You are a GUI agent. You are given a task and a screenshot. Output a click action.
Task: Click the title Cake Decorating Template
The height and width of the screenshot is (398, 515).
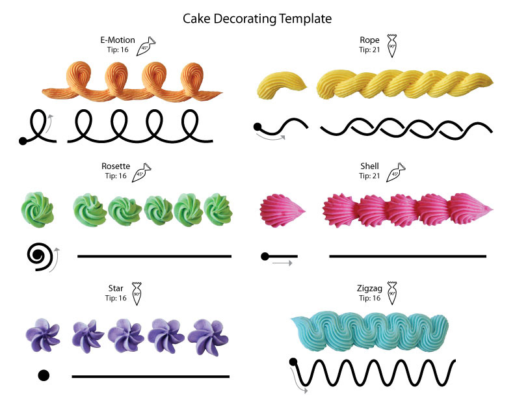[257, 19]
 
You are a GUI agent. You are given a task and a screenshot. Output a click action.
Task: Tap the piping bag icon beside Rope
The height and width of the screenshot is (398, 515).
[391, 45]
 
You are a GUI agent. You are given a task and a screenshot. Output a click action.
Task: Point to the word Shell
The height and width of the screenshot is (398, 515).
[369, 166]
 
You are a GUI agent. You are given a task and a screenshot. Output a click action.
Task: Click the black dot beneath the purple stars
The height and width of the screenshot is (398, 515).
[44, 375]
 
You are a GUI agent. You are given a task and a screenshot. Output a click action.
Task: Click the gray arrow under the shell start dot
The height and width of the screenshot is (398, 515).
[282, 263]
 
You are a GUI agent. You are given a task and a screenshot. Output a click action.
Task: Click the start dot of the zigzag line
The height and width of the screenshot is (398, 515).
[293, 362]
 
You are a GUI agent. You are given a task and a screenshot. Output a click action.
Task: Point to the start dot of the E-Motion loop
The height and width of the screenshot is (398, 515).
[23, 140]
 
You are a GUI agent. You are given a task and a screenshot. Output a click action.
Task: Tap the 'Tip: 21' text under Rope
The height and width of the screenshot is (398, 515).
[369, 49]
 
